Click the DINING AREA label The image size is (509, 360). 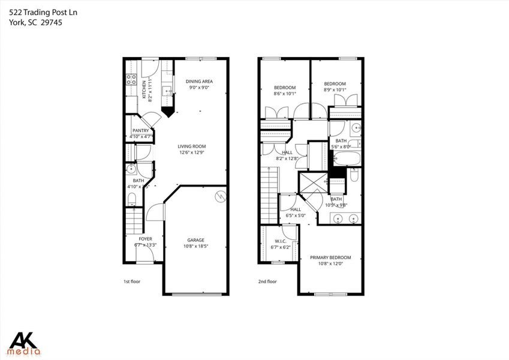[199, 82]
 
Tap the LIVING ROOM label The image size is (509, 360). [191, 146]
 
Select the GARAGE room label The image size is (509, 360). [194, 240]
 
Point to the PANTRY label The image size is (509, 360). [140, 131]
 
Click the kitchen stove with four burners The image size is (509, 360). [130, 80]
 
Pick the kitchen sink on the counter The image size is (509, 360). [169, 92]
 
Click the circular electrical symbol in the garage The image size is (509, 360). [219, 195]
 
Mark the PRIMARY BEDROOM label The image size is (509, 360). [330, 257]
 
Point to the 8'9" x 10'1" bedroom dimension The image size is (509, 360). [335, 90]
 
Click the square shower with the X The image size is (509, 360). [312, 184]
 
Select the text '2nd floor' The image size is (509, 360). [267, 281]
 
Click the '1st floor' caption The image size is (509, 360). [132, 281]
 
